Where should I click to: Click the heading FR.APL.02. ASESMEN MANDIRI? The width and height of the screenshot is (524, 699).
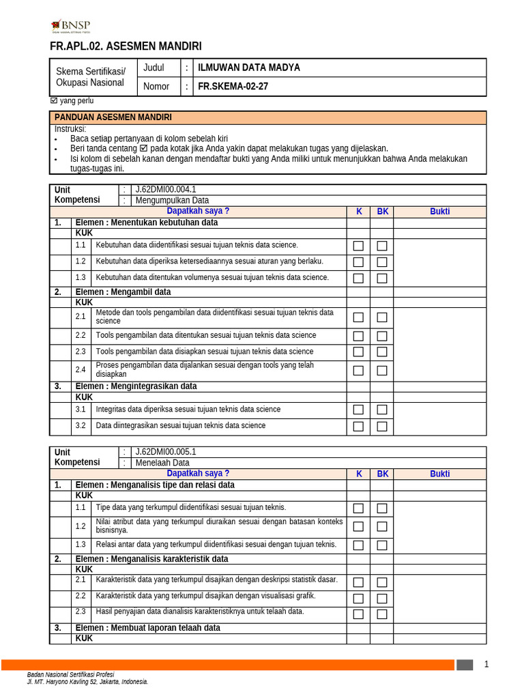pyautogui.click(x=126, y=46)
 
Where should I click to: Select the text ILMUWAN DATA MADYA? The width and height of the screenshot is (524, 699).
pyautogui.click(x=248, y=68)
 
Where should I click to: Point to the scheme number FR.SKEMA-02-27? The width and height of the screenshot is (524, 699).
pyautogui.click(x=233, y=87)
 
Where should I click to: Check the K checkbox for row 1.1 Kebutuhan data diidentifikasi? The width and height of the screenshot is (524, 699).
pyautogui.click(x=358, y=246)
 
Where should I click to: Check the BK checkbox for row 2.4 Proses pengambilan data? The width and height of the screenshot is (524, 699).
pyautogui.click(x=382, y=371)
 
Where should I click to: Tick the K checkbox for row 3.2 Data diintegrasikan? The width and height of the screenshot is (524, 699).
pyautogui.click(x=358, y=426)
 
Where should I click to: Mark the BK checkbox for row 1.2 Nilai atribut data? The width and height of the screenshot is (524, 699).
pyautogui.click(x=382, y=526)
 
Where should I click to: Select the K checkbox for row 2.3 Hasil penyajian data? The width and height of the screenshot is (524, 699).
pyautogui.click(x=358, y=614)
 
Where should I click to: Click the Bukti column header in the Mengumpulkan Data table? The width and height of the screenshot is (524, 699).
pyautogui.click(x=439, y=212)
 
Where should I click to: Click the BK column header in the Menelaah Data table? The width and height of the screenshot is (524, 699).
pyautogui.click(x=382, y=474)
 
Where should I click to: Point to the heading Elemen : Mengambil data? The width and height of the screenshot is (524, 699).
pyautogui.click(x=123, y=292)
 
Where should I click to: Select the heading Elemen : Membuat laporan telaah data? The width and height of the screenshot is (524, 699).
pyautogui.click(x=147, y=628)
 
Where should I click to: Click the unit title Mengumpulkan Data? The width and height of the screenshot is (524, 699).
pyautogui.click(x=172, y=201)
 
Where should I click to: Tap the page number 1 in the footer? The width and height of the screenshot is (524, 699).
pyautogui.click(x=486, y=664)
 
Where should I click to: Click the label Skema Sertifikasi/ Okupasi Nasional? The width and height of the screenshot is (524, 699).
pyautogui.click(x=90, y=77)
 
